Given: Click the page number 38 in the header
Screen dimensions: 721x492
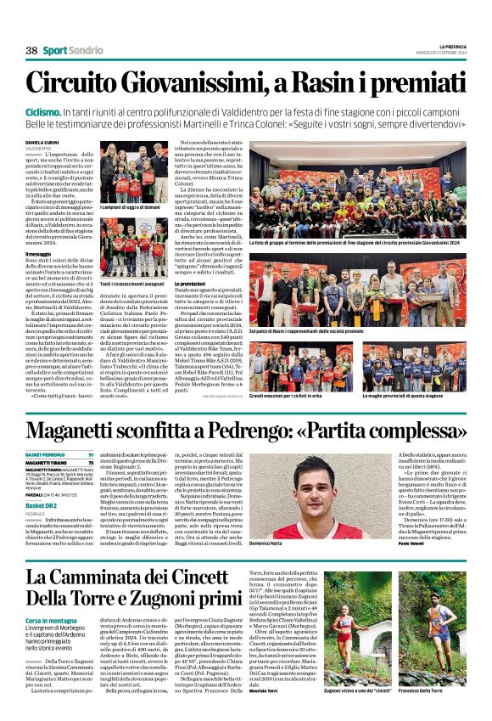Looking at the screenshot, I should point(31,51).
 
